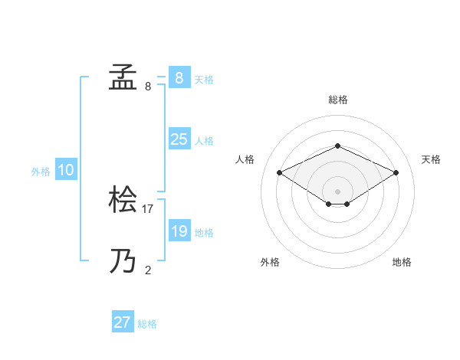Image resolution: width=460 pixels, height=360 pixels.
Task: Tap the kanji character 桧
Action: (x=123, y=200)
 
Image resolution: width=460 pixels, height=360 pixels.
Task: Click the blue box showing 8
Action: (x=179, y=78)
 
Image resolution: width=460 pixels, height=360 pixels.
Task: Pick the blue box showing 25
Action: (x=179, y=139)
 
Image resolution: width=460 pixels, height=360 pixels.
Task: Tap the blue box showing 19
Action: (x=179, y=231)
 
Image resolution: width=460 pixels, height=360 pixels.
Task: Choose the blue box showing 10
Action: (x=66, y=170)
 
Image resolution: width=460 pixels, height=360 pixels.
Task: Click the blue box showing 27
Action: (x=123, y=322)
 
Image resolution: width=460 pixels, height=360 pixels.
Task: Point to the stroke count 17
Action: (x=148, y=208)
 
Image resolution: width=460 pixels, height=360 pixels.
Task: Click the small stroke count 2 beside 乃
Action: (x=148, y=270)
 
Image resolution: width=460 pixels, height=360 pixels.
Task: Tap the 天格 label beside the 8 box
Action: (x=204, y=80)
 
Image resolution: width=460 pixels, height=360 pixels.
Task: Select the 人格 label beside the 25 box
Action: (x=204, y=141)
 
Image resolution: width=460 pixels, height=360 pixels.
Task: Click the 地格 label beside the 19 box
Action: (x=204, y=233)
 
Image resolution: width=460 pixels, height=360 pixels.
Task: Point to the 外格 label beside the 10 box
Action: (x=41, y=172)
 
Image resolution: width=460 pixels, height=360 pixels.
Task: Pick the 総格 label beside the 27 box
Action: (x=147, y=324)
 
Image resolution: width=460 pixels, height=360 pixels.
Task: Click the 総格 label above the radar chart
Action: (x=337, y=100)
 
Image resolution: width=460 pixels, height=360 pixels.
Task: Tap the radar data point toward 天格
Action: (x=396, y=172)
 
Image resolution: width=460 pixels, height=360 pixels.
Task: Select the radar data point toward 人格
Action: (x=280, y=172)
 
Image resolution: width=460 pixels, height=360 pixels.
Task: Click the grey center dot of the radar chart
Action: (x=337, y=190)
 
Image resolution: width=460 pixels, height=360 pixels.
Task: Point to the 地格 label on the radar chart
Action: (x=402, y=263)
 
